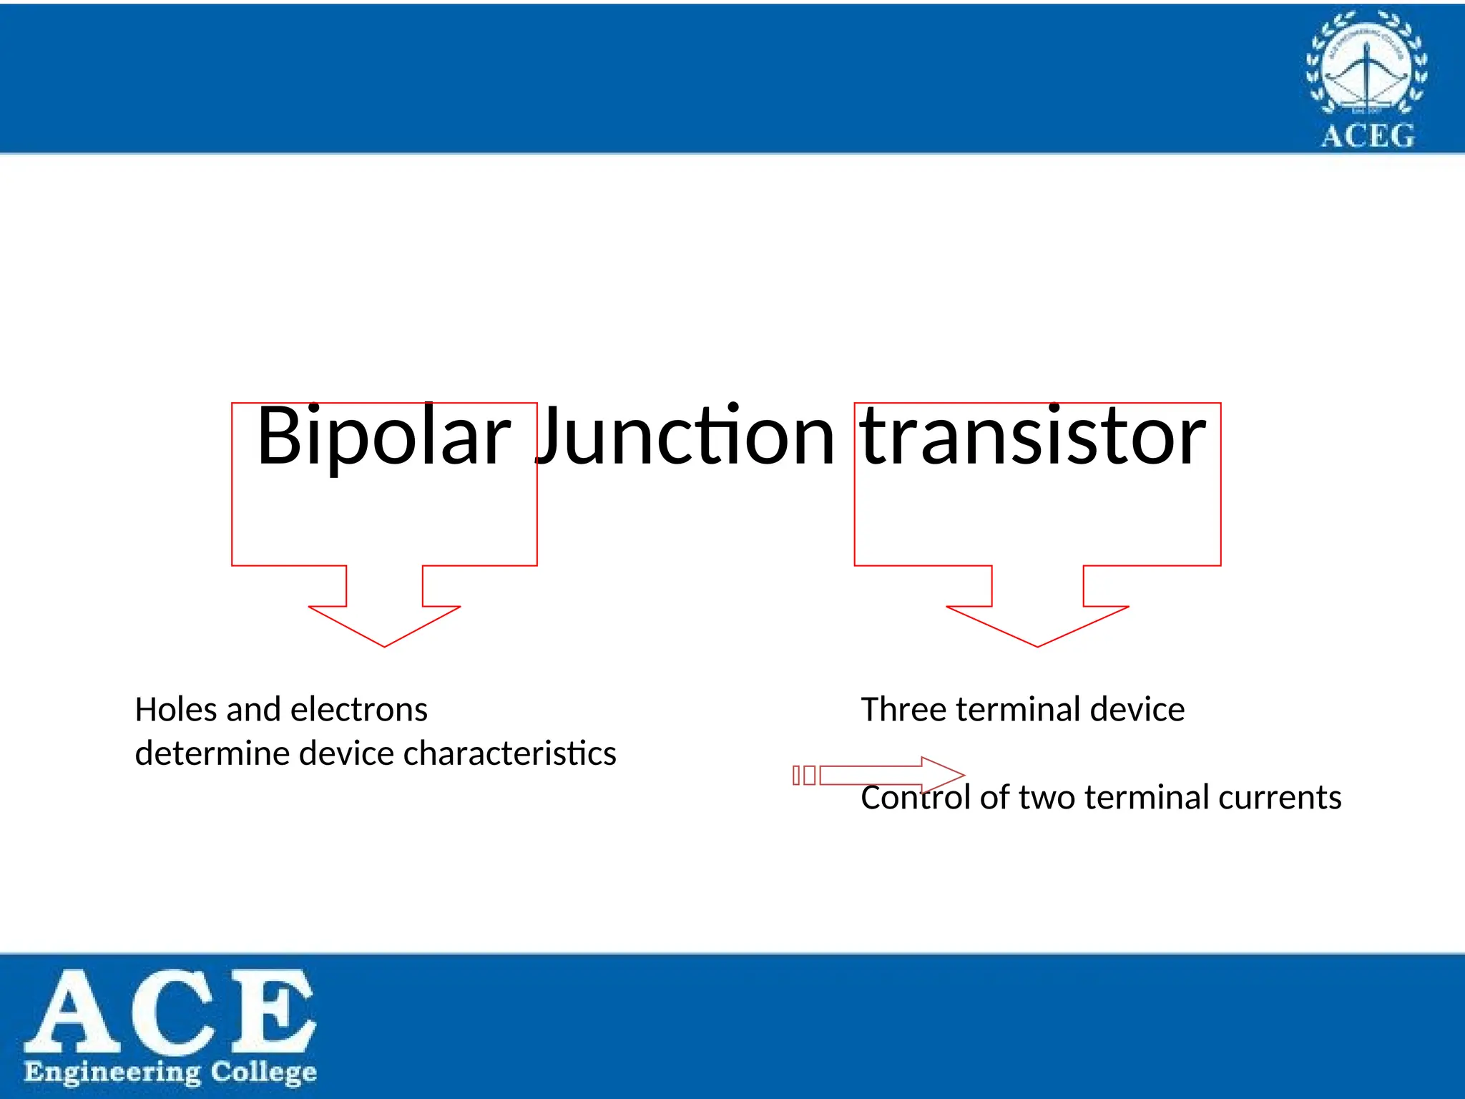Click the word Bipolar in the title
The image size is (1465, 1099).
click(x=383, y=436)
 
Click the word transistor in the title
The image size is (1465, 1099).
click(x=1034, y=436)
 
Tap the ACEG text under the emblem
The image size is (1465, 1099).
click(x=1367, y=135)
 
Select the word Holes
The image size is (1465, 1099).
click(x=176, y=710)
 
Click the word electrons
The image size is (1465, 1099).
click(x=359, y=710)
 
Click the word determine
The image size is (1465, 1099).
click(x=212, y=753)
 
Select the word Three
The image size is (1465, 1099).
click(x=904, y=710)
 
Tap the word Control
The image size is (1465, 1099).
click(x=916, y=797)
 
